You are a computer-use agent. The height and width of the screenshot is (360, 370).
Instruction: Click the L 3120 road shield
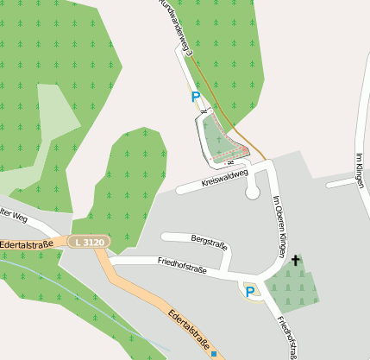(x=89, y=243)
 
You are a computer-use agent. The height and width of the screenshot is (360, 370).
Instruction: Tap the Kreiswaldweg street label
(x=224, y=178)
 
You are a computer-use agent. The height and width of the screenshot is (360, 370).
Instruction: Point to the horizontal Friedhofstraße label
(x=184, y=265)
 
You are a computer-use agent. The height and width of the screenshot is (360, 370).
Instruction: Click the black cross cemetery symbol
(x=295, y=260)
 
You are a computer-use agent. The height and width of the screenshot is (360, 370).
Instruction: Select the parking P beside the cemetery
(x=250, y=292)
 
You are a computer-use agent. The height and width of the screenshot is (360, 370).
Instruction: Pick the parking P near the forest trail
(x=195, y=98)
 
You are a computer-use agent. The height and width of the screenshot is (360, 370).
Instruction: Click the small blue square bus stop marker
(x=213, y=353)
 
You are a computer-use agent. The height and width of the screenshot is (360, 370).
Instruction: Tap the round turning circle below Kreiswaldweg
(x=253, y=193)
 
